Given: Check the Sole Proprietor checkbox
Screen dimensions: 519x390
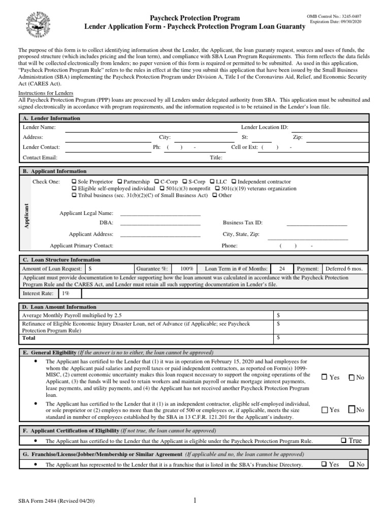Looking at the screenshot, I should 74,182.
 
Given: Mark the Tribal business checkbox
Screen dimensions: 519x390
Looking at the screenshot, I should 74,195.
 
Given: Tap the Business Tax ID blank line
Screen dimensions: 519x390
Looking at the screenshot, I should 316,223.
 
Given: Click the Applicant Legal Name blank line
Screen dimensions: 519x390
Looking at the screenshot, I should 160,213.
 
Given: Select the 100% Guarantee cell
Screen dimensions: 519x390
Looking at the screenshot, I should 186,269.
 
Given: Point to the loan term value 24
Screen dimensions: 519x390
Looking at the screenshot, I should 282,269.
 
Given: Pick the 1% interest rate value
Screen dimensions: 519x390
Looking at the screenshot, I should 66,293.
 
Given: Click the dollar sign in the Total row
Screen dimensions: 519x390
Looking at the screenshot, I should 278,337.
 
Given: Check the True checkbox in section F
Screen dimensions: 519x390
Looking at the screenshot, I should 343,441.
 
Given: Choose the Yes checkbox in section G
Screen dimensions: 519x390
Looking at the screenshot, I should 324,464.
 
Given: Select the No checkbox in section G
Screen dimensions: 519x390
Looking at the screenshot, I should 351,464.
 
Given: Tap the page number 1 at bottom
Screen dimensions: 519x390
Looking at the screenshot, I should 194,501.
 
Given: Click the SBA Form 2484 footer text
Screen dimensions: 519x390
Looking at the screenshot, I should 56,501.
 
